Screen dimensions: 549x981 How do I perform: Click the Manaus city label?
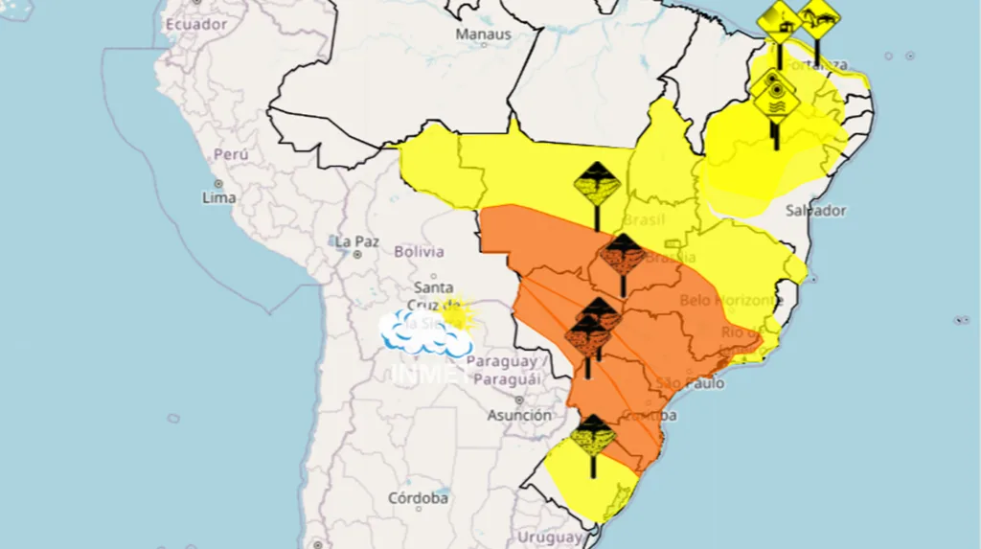(483, 34)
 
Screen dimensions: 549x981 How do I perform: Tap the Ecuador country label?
(195, 24)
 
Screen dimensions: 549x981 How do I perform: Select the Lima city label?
(218, 197)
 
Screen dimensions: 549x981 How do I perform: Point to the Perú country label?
(231, 153)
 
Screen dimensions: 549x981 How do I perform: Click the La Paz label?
(355, 240)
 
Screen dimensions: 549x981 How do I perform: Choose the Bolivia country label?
(419, 251)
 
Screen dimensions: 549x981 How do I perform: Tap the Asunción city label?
(518, 415)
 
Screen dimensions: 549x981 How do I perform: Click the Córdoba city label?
(419, 498)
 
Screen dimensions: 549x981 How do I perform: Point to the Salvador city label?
(815, 210)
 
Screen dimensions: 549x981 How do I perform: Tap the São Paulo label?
(690, 383)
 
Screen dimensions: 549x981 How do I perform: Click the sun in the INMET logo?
(454, 312)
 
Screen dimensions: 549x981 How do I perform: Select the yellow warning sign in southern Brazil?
(594, 436)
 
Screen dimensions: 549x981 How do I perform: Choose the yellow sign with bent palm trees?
(818, 16)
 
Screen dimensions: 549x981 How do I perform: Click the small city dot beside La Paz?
(357, 255)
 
